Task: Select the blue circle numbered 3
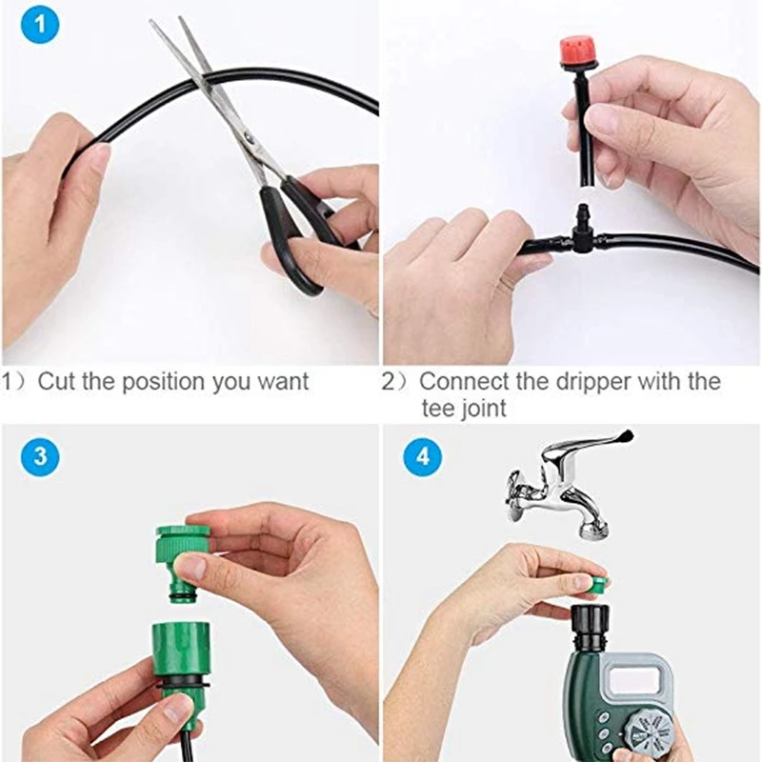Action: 39,454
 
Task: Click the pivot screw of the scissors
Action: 249,141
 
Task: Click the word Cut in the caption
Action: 54,382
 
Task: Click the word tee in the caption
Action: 439,409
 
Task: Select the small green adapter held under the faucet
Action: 597,585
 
